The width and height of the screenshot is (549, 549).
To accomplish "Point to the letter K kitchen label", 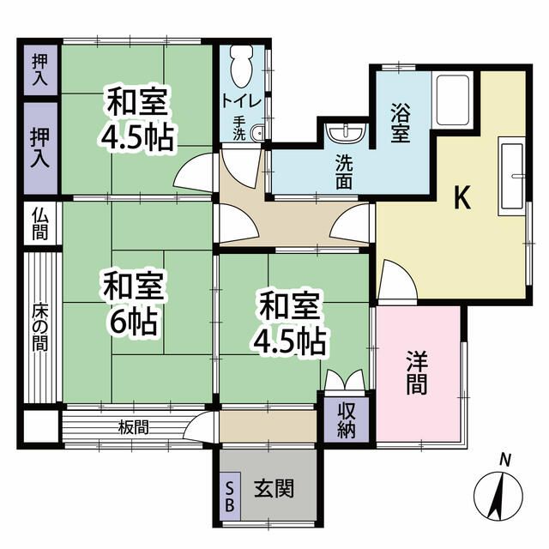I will pyautogui.click(x=462, y=199).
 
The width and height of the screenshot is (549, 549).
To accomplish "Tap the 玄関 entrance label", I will pyautogui.click(x=274, y=489).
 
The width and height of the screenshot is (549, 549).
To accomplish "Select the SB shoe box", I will pyautogui.click(x=230, y=496).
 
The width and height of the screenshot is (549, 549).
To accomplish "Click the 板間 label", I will pyautogui.click(x=134, y=426).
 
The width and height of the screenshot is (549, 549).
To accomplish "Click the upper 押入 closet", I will pyautogui.click(x=39, y=69).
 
